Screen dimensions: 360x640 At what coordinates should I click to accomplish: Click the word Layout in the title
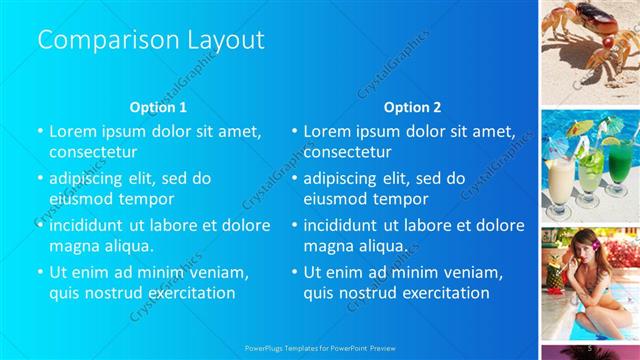(225, 40)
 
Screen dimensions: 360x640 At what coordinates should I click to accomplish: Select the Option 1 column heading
(158, 107)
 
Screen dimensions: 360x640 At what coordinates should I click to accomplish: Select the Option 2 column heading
(412, 107)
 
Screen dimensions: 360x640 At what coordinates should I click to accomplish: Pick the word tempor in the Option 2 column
(372, 198)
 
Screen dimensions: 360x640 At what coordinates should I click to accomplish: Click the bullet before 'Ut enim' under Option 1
(40, 272)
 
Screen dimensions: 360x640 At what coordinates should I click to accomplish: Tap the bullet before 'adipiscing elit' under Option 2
(294, 178)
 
